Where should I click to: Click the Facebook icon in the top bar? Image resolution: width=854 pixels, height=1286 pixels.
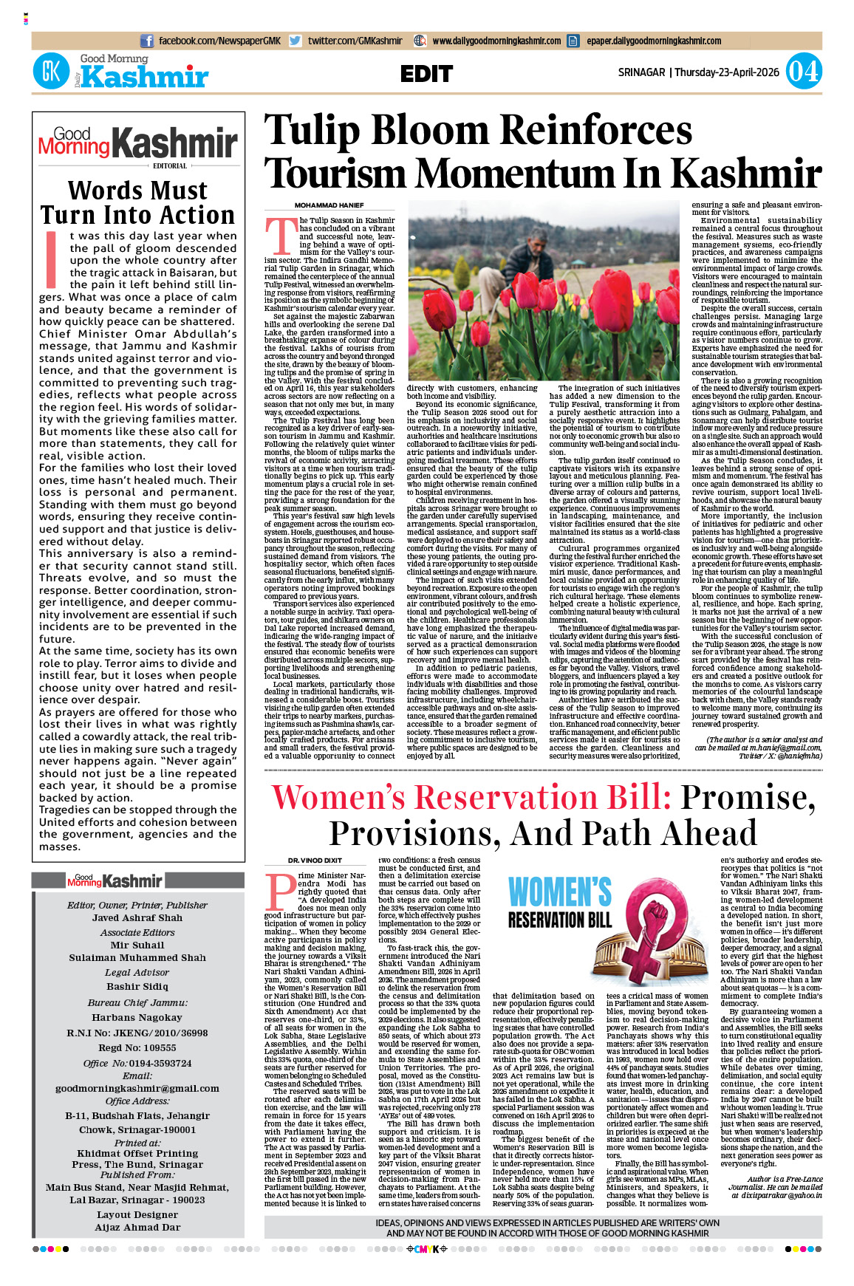(x=147, y=41)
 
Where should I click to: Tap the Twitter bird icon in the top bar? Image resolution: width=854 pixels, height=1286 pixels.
(x=296, y=41)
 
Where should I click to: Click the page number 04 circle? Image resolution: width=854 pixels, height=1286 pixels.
(x=803, y=72)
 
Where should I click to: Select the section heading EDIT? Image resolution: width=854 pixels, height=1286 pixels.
(x=426, y=74)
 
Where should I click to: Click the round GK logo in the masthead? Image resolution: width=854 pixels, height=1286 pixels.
(x=51, y=72)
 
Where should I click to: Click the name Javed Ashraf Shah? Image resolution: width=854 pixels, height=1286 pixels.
(x=137, y=918)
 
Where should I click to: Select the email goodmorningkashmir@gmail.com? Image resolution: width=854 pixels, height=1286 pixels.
(x=137, y=1089)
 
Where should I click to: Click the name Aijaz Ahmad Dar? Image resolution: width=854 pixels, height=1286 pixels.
(x=137, y=1228)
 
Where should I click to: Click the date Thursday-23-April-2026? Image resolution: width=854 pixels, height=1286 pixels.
(x=727, y=72)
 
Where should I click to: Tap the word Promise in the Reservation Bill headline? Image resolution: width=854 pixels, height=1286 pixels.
(x=747, y=797)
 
